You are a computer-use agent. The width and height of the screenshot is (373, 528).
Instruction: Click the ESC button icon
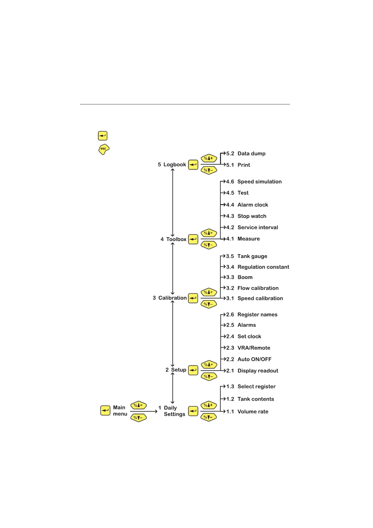point(104,149)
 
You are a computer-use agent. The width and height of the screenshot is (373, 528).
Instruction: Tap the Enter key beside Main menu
point(105,410)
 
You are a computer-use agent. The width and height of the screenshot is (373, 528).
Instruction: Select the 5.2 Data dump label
point(246,154)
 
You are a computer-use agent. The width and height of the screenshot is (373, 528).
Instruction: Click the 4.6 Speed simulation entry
point(254,182)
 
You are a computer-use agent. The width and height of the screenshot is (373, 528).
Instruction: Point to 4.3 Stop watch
point(246,216)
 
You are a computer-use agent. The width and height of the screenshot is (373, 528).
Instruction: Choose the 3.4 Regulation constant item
point(257,267)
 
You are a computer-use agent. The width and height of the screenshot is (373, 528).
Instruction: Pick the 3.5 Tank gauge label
point(247,256)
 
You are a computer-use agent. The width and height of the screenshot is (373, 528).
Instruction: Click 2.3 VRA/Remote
point(248,348)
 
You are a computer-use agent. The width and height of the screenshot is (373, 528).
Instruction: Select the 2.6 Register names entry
point(252,315)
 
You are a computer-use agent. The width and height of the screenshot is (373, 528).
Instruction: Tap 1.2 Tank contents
point(250,399)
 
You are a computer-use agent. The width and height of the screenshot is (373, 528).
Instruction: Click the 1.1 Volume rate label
point(247,412)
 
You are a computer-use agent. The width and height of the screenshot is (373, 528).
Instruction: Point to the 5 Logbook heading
point(172,165)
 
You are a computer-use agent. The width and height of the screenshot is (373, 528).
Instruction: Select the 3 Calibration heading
point(170,298)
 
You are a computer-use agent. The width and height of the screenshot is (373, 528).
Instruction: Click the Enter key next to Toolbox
point(193,240)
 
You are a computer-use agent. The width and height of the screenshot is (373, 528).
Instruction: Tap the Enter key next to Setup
point(193,370)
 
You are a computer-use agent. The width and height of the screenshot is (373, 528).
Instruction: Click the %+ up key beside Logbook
point(209,158)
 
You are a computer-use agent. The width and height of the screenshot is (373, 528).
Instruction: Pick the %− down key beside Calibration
point(209,304)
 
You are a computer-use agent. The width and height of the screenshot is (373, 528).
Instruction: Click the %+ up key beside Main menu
point(138,405)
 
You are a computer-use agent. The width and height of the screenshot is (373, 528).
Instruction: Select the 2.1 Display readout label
point(252,371)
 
